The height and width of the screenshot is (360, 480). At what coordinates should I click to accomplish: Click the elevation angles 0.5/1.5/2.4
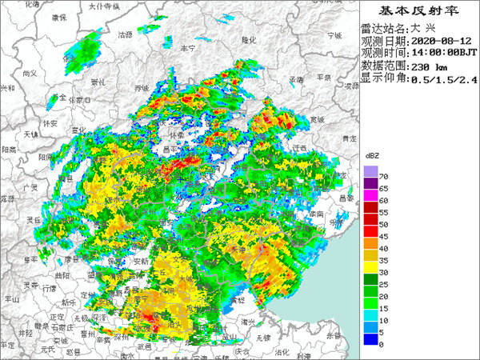click(443, 79)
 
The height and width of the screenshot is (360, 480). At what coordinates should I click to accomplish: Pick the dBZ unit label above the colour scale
click(373, 154)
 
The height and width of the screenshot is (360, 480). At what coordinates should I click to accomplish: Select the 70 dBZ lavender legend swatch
click(370, 172)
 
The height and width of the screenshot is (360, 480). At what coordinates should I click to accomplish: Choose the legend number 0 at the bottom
click(382, 344)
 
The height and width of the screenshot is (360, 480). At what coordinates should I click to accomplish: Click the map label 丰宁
click(188, 48)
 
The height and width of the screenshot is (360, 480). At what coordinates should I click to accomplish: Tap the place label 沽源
click(125, 34)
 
